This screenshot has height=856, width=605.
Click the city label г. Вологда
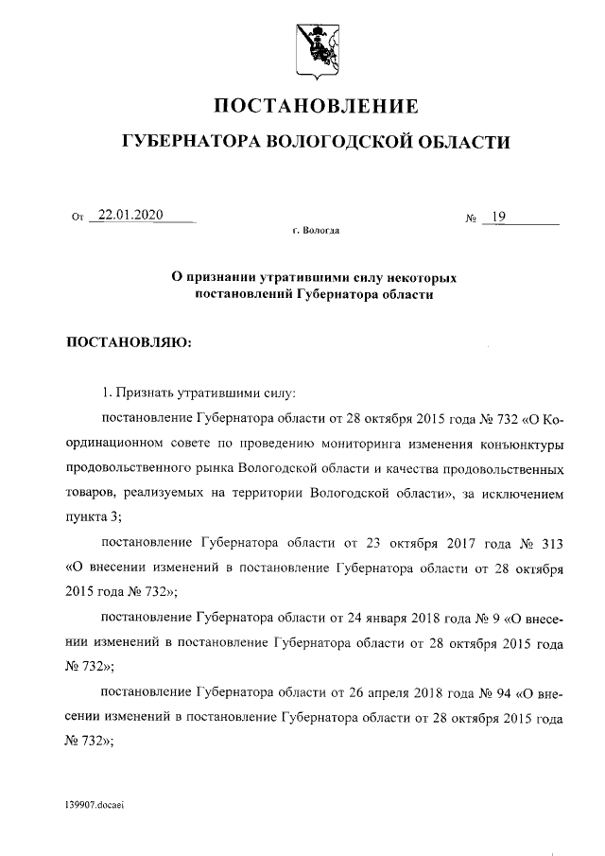tap(317, 230)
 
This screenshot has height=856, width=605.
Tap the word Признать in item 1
tap(144, 392)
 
